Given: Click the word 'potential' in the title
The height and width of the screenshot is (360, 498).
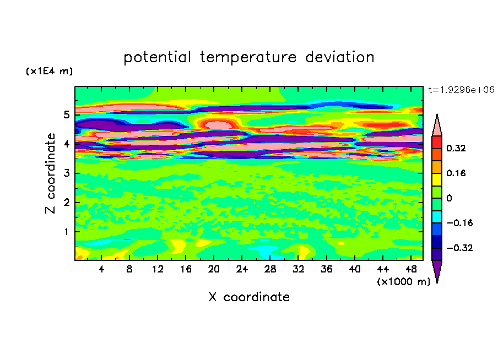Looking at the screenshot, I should pyautogui.click(x=158, y=57).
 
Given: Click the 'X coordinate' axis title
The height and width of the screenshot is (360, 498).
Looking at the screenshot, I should pyautogui.click(x=249, y=297).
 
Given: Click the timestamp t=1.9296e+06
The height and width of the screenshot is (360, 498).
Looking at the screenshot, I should pyautogui.click(x=462, y=89).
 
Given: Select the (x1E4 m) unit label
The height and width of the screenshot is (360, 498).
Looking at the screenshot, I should pyautogui.click(x=49, y=72).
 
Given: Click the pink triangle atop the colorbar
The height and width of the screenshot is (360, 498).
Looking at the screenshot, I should pyautogui.click(x=437, y=126).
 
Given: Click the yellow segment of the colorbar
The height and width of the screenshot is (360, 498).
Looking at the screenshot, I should pyautogui.click(x=437, y=179).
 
